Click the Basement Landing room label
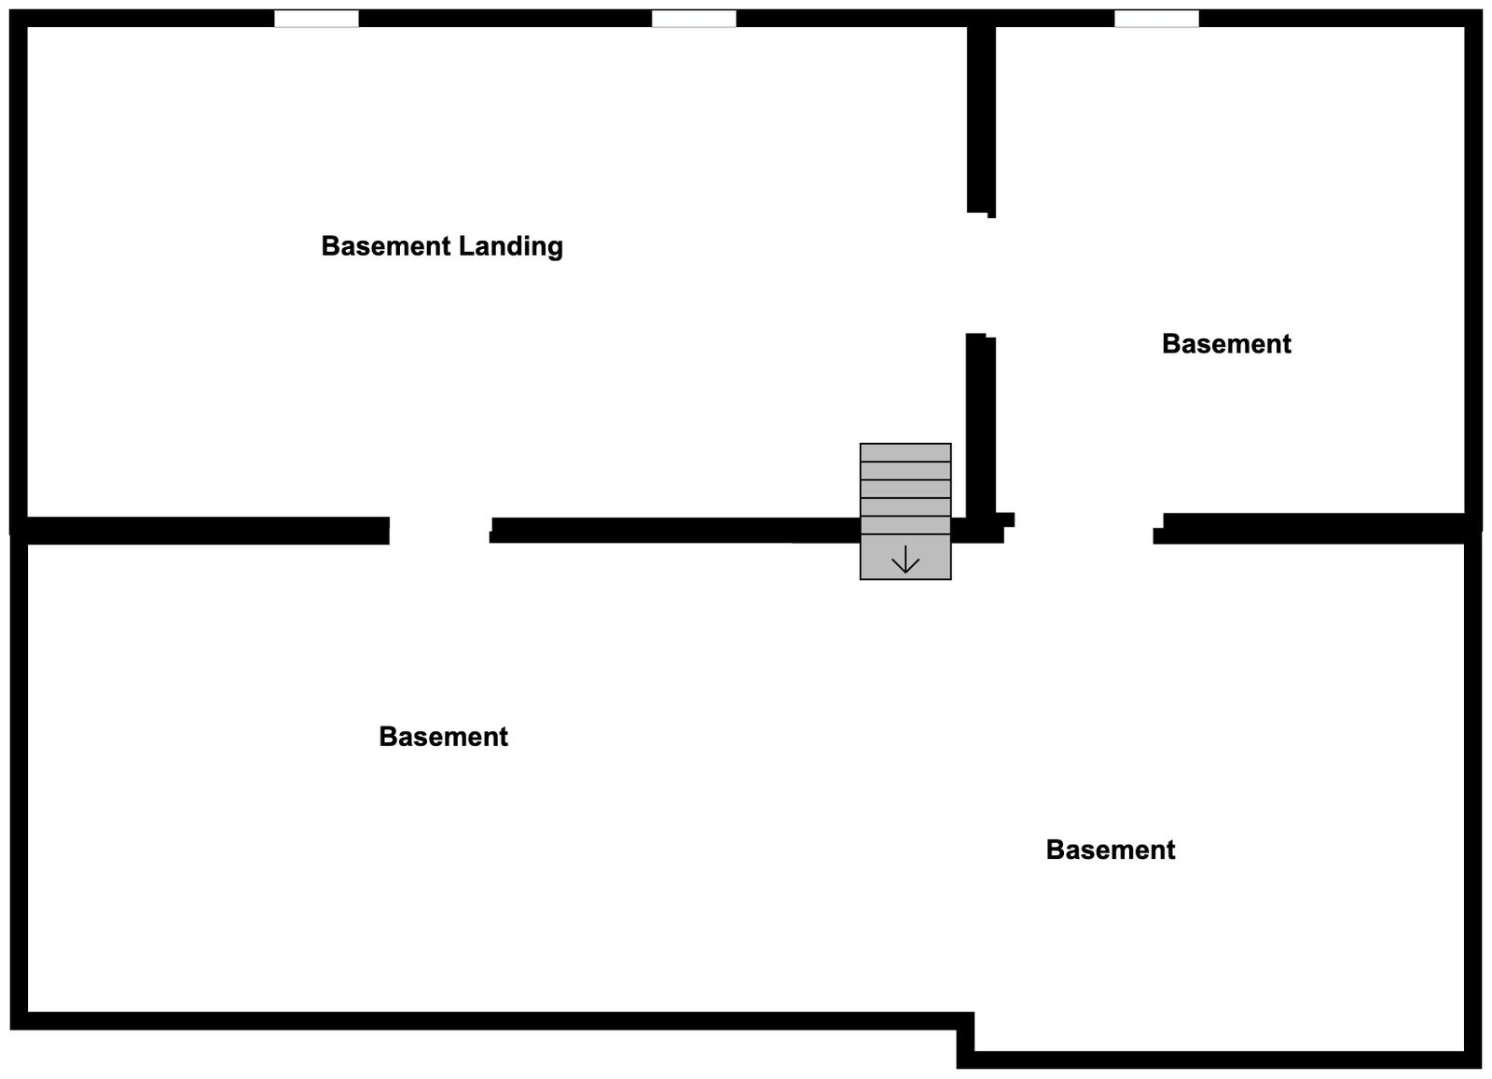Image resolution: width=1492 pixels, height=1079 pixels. coord(442,246)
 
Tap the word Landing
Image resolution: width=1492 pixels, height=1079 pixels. coord(510,247)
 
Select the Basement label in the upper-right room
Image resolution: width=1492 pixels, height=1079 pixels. coord(1226,344)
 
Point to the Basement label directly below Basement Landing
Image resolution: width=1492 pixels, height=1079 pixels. coord(443,737)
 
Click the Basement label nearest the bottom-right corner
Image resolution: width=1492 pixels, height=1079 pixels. coord(1110,850)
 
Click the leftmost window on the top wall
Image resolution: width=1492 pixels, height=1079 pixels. coord(316,19)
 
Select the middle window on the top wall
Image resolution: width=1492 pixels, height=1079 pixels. coord(693,19)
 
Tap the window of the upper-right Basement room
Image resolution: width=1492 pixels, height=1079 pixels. coord(1156,19)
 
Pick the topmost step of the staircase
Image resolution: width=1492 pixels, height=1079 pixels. coord(905,452)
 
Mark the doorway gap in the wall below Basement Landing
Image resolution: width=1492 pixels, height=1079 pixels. coord(440,531)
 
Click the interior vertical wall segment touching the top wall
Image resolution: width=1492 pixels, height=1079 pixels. coord(981,117)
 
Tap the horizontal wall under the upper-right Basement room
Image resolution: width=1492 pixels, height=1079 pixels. coord(1315,528)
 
